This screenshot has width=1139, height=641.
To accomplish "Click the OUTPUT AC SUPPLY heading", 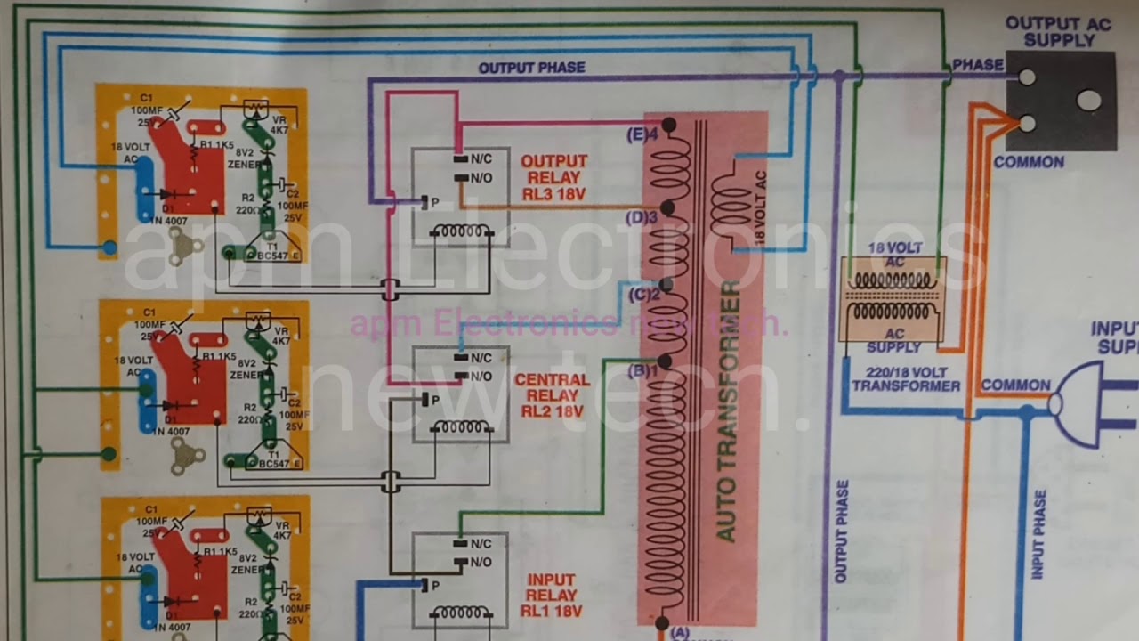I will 1058,32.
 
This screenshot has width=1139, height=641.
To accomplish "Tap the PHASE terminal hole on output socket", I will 1027,77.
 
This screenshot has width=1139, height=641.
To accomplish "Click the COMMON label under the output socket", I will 1029,162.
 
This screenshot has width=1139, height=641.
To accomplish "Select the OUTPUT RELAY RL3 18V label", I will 554,177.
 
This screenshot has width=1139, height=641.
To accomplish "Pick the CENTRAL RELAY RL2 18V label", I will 552,395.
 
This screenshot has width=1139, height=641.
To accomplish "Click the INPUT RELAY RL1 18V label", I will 552,596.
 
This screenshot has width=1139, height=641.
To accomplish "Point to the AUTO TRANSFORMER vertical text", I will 727,410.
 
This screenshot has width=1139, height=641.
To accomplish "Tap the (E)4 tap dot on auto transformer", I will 669,125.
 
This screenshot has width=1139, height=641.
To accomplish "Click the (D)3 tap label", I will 641,216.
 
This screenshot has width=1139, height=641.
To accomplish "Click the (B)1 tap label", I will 642,370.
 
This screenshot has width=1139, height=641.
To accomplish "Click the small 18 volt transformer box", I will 893,300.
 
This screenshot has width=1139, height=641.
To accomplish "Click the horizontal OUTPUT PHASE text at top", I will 531,68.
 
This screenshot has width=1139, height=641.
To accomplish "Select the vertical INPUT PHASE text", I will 1038,534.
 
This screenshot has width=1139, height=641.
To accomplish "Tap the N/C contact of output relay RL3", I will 461,159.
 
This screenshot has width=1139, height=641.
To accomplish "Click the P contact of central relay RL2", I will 425,400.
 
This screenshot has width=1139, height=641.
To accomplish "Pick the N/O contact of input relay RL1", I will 461,562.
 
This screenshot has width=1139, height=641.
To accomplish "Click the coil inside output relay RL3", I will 460,231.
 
